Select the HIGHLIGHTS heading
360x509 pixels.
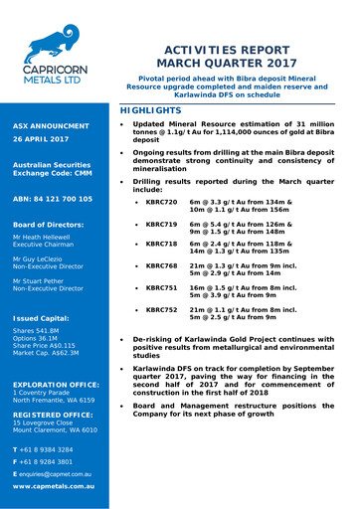(x=150, y=109)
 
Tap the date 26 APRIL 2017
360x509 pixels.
(x=42, y=140)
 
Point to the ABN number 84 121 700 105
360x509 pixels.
(x=53, y=199)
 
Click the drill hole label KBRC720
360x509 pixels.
(x=161, y=201)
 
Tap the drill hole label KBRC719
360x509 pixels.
(x=161, y=223)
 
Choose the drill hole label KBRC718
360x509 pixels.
(x=161, y=244)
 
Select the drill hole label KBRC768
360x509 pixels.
(x=161, y=266)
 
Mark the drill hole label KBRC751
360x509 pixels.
(x=161, y=287)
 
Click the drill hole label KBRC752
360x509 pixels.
(x=161, y=309)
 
